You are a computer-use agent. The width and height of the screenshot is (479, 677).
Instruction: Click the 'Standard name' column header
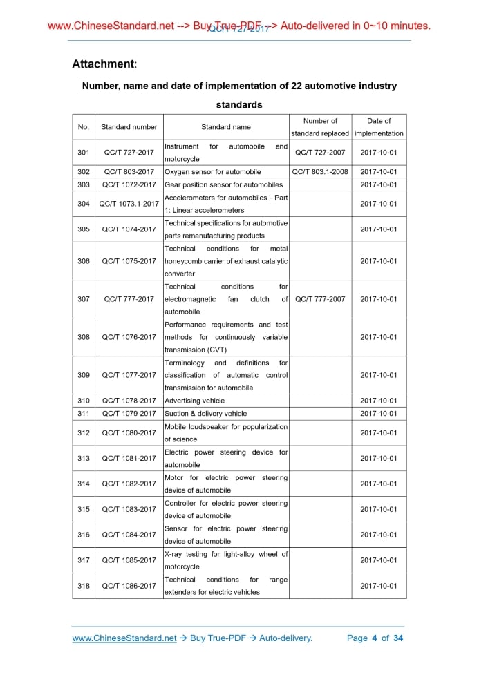[x=225, y=127]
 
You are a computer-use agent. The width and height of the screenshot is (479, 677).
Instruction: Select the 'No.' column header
[x=84, y=127]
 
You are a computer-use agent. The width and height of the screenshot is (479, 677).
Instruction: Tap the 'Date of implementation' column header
[x=379, y=127]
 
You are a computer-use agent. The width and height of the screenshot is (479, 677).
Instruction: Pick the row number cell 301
[x=84, y=153]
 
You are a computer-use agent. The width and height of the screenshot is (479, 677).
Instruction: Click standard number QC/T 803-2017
[x=129, y=172]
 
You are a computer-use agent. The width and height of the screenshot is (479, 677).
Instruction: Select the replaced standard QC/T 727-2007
[x=320, y=153]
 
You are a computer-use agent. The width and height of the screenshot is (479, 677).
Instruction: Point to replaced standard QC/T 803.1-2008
[x=320, y=172]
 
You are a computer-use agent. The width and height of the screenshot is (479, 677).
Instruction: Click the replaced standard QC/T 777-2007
[x=320, y=299]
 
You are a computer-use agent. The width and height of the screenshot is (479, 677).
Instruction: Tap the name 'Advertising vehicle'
[x=195, y=401]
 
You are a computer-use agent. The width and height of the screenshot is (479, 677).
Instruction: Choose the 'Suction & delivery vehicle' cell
[x=206, y=414]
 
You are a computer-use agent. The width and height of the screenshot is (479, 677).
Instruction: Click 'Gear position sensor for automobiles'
[x=224, y=185]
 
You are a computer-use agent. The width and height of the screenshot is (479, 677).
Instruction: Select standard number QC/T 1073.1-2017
[x=129, y=204]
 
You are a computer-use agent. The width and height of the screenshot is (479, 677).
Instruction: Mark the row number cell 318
[x=84, y=586]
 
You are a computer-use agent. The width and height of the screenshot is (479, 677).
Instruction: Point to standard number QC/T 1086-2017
[x=129, y=586]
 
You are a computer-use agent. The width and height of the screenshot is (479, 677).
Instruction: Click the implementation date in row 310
[x=379, y=401]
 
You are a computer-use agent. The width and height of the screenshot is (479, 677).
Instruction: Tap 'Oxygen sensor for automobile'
[x=213, y=172]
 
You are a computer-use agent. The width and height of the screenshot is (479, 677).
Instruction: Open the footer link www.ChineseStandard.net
[x=124, y=638]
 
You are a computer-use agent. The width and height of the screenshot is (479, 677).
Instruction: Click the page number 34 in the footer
[x=397, y=638]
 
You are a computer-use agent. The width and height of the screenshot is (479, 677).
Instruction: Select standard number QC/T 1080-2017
[x=129, y=433]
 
